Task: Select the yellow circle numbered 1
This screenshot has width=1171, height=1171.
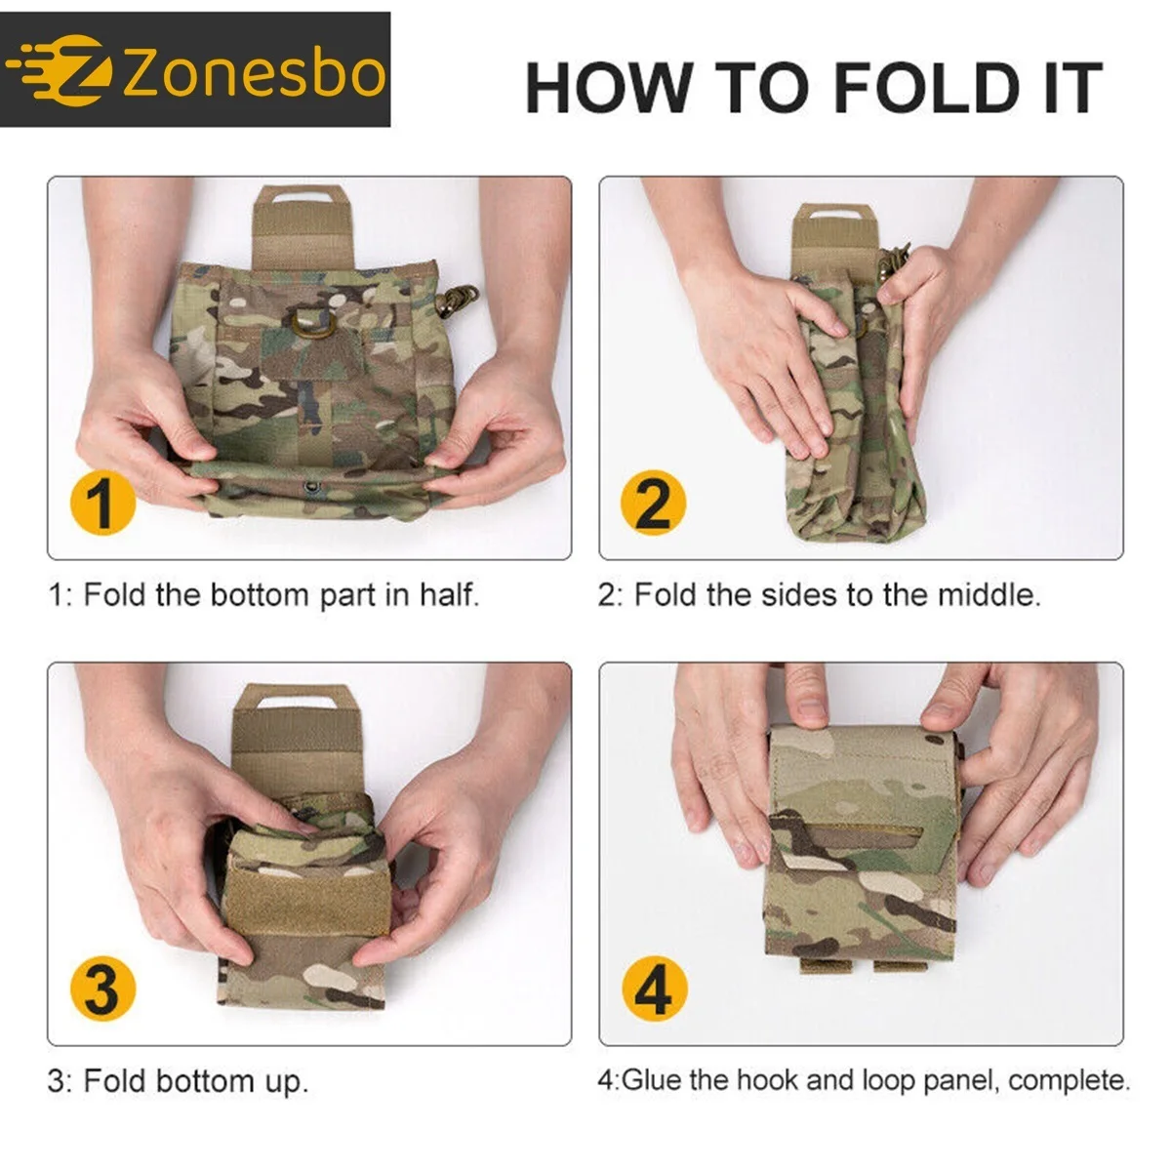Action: tap(102, 503)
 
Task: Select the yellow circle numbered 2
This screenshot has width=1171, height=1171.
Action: tap(653, 503)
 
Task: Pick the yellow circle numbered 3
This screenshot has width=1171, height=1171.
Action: tap(102, 988)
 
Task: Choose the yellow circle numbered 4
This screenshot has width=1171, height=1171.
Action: tap(654, 988)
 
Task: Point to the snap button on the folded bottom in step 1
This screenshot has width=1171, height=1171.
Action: tap(313, 485)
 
